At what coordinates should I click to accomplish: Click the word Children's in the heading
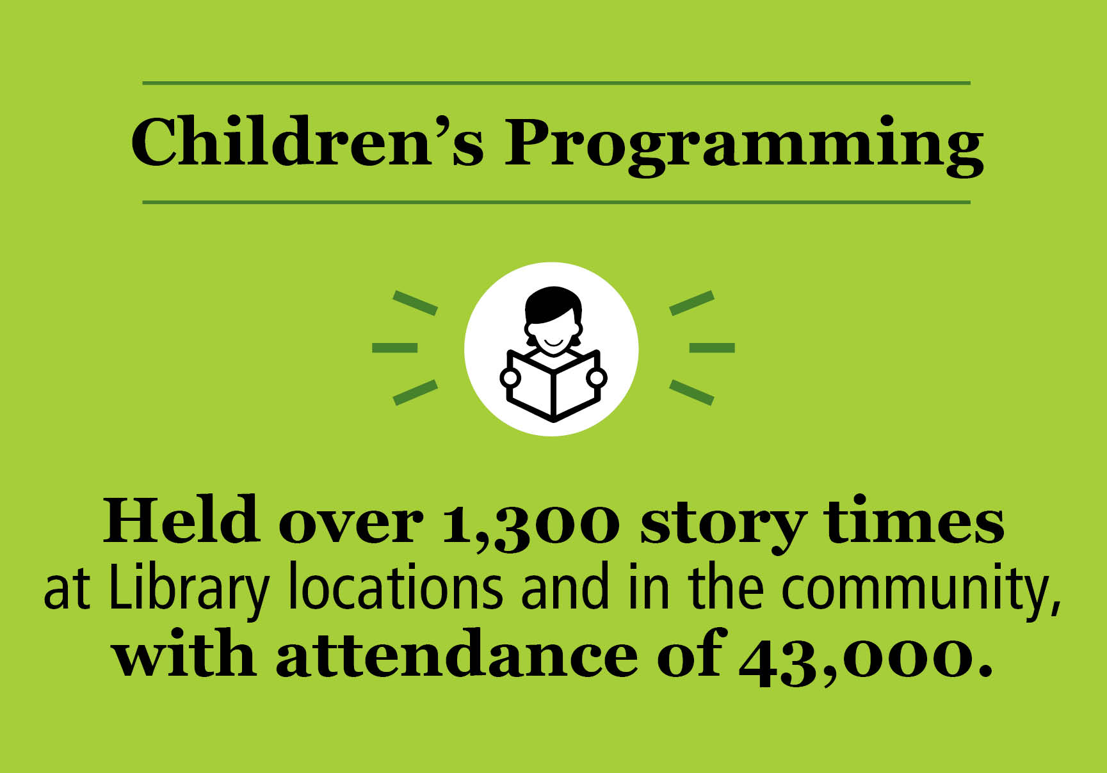tap(306, 143)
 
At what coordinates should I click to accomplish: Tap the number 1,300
tap(530, 523)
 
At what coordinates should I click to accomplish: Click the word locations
tap(395, 587)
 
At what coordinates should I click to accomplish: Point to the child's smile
tap(554, 343)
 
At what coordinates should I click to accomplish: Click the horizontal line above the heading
tap(556, 83)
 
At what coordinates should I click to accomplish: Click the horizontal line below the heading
tap(556, 202)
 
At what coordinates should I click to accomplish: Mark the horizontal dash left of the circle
tap(394, 347)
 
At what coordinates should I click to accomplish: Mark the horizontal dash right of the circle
tap(711, 347)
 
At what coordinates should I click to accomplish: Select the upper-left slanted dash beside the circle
tap(415, 303)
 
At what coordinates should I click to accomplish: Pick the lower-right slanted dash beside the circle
tap(691, 392)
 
